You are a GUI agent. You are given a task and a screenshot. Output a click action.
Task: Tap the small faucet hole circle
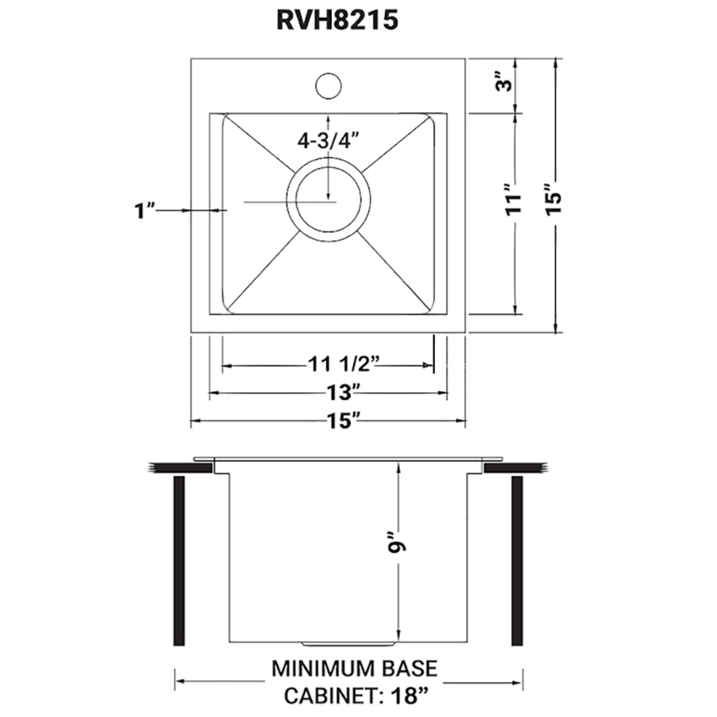pos(328,86)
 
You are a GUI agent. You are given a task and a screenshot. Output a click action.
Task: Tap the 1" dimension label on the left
pos(144,211)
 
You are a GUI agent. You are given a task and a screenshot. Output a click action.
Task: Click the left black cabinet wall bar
pos(179,565)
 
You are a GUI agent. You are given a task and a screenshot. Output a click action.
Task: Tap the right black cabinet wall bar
pos(517,565)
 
